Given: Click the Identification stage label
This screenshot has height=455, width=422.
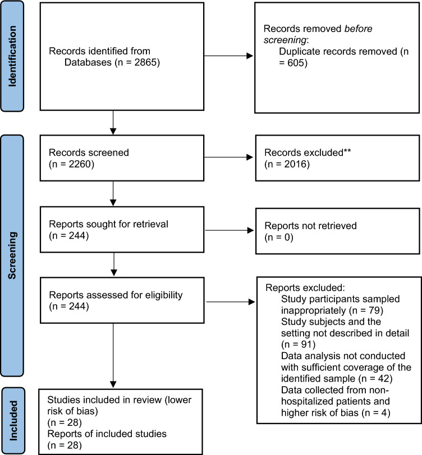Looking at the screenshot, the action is [x=12, y=56].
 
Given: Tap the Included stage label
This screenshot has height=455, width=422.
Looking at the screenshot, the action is [x=13, y=421].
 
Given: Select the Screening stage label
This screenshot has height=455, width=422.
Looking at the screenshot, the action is [x=12, y=256].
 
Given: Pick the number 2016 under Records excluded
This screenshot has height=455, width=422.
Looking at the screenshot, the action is [x=296, y=164].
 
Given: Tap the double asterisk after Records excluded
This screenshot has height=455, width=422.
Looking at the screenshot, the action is [x=347, y=151].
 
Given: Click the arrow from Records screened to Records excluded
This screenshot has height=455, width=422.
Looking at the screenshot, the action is [x=229, y=157].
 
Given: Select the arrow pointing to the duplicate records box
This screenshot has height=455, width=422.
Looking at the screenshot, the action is [x=229, y=55].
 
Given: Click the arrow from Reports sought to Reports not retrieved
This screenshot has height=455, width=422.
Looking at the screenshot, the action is [x=230, y=230].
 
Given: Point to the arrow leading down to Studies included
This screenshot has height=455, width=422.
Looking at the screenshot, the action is [x=113, y=355].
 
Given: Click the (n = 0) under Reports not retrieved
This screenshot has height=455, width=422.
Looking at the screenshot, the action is [x=279, y=237].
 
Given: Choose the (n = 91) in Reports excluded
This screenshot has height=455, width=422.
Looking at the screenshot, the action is [x=298, y=345].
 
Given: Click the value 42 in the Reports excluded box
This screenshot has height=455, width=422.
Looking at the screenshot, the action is [x=384, y=378].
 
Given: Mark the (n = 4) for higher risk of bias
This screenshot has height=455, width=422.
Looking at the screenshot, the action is [x=376, y=412].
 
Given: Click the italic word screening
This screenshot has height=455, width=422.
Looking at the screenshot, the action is [x=285, y=40].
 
